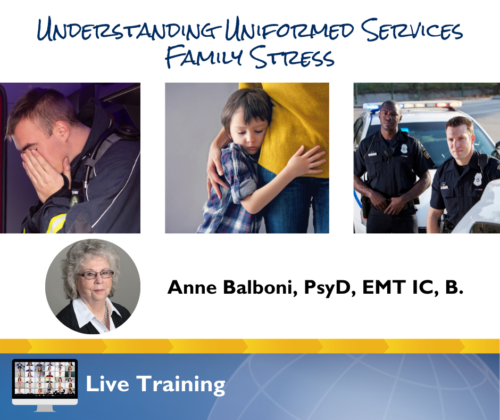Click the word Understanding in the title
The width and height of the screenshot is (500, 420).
[x=129, y=30]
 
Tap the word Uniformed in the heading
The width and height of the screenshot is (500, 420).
[x=289, y=30]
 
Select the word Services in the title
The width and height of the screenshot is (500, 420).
[x=412, y=29]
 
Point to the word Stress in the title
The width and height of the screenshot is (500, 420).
[x=292, y=57]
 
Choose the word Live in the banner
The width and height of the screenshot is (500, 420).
[x=107, y=384]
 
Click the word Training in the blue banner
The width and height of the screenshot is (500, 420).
[x=181, y=385]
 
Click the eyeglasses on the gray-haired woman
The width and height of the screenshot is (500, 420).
[x=95, y=274]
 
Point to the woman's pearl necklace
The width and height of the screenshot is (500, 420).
[x=105, y=313]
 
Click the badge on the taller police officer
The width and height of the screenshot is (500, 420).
[x=404, y=148]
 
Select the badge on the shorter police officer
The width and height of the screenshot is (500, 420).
[x=477, y=179]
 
